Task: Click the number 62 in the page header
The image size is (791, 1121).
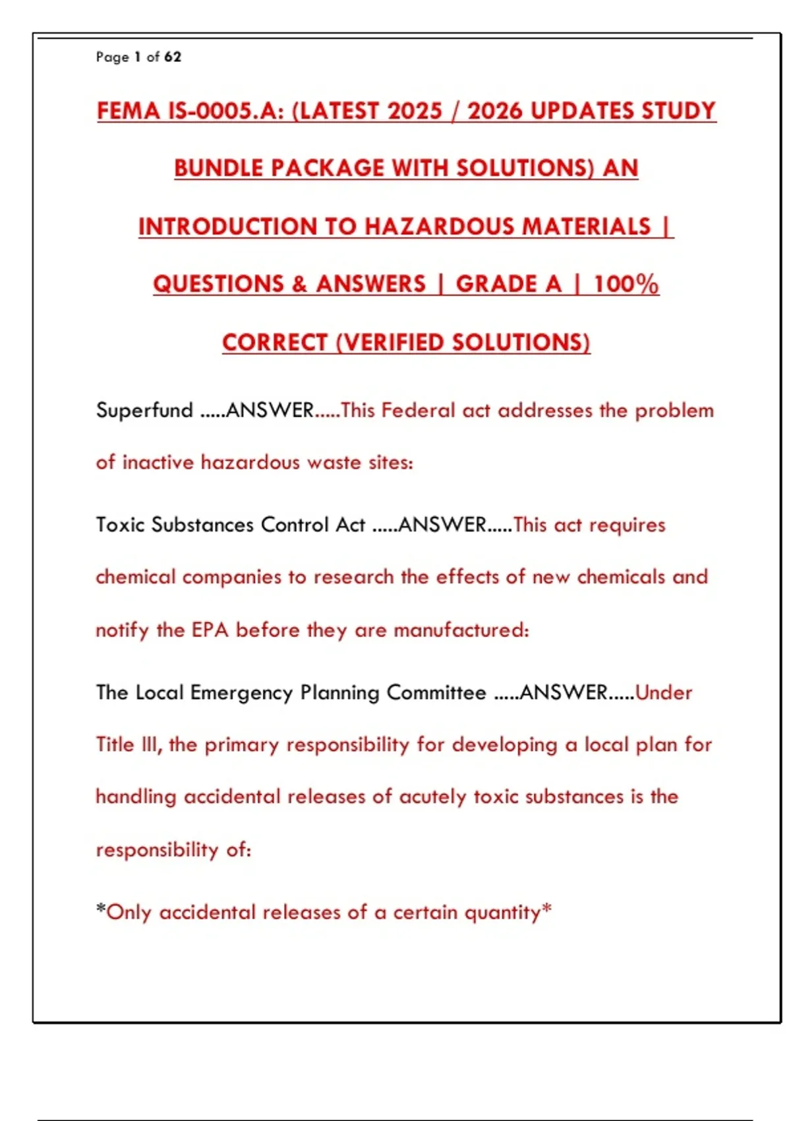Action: tap(173, 57)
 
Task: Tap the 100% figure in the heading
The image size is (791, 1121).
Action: tap(626, 284)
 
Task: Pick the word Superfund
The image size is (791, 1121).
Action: tap(144, 410)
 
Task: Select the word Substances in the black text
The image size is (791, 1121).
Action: tap(202, 525)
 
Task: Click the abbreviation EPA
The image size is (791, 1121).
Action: tap(210, 630)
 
